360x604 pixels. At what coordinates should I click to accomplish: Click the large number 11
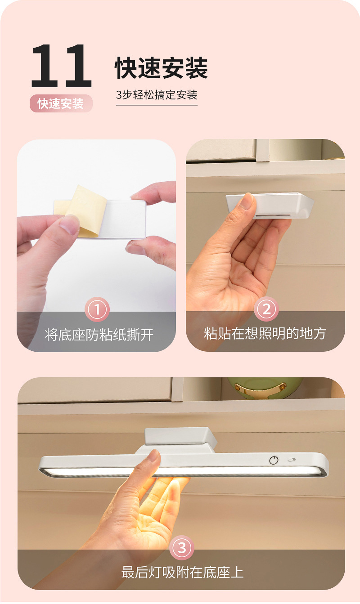[62, 66]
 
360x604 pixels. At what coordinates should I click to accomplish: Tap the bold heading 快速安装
[162, 68]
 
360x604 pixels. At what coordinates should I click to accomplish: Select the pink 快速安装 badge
[61, 103]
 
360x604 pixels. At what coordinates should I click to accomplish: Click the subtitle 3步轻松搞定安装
[157, 95]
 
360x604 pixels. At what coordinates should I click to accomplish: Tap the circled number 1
[97, 309]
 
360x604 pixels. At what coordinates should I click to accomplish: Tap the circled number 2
[266, 309]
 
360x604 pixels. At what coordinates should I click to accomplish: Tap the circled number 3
[182, 548]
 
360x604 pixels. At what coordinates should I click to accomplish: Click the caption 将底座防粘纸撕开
[99, 335]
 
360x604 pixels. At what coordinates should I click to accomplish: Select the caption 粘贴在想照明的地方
[265, 333]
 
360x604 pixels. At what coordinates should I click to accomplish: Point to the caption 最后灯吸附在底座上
[182, 572]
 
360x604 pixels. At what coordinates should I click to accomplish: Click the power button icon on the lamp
[274, 460]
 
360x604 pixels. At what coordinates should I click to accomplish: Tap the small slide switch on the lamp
[292, 460]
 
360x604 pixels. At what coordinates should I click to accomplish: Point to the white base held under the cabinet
[270, 206]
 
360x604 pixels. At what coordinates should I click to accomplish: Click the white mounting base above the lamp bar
[180, 437]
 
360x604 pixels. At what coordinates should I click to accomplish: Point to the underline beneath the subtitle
[157, 105]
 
